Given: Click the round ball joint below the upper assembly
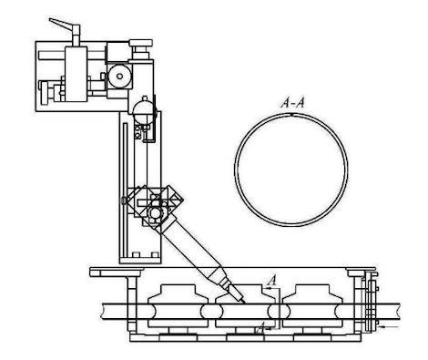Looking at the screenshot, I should point(141,109).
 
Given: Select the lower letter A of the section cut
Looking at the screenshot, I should point(261,324).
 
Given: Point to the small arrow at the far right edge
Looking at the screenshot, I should point(387,324).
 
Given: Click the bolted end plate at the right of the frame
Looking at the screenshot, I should point(368,301).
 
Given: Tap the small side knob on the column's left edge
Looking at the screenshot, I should point(122,200).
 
